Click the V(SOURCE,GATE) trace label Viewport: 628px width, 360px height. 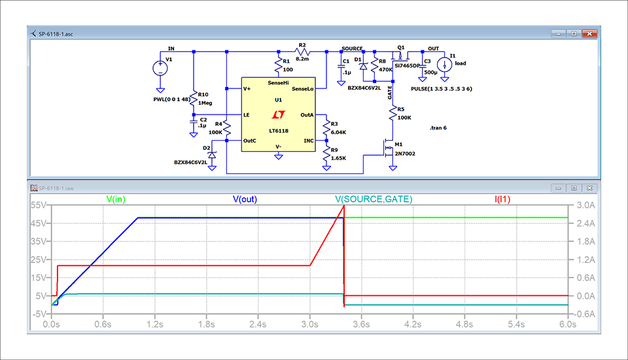(x=374, y=198)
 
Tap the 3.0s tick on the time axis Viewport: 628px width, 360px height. (x=309, y=324)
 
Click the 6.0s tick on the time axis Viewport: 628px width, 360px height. (x=567, y=324)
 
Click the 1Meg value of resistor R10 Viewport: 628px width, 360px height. (x=206, y=103)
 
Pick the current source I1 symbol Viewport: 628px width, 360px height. (x=444, y=65)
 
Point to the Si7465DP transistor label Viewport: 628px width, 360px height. (x=408, y=67)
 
